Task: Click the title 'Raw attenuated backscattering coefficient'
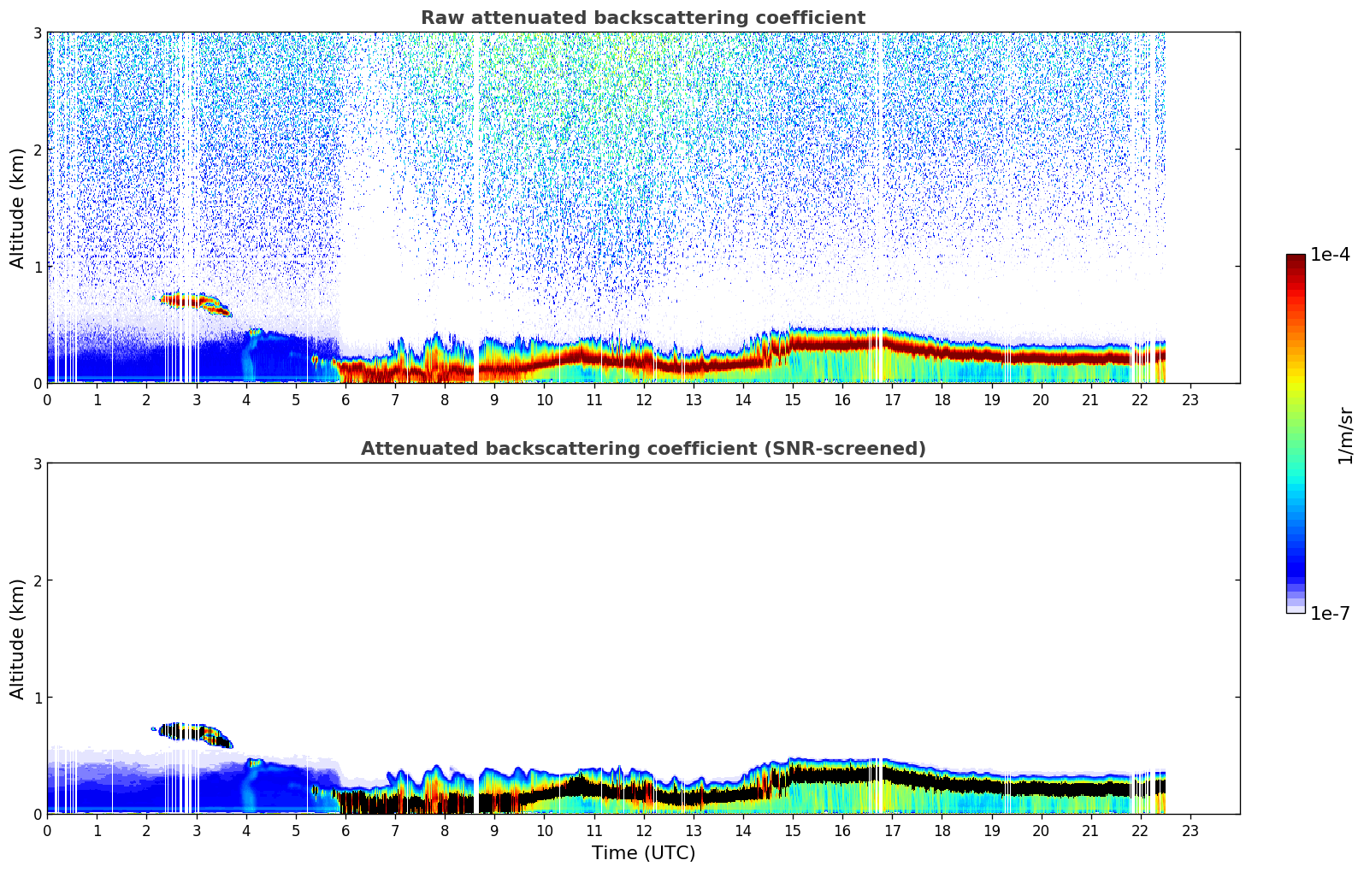[642, 18]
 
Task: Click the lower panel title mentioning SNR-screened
[642, 449]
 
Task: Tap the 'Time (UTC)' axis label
[643, 853]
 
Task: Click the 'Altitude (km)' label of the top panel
[18, 208]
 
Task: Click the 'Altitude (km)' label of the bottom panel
[18, 639]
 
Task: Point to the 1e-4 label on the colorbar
[1330, 255]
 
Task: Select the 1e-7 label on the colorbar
[1330, 614]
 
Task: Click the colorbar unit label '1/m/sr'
[1345, 435]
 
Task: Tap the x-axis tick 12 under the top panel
[643, 399]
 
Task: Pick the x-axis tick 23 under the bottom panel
[1190, 830]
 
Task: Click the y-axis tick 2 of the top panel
[37, 150]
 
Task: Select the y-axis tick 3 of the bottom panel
[37, 464]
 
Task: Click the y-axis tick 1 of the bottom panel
[37, 698]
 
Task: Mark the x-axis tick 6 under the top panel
[345, 399]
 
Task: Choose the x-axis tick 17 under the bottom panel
[892, 830]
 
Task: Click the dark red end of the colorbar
[1295, 259]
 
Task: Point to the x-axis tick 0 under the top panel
[47, 399]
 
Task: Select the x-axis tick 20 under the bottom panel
[1041, 830]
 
